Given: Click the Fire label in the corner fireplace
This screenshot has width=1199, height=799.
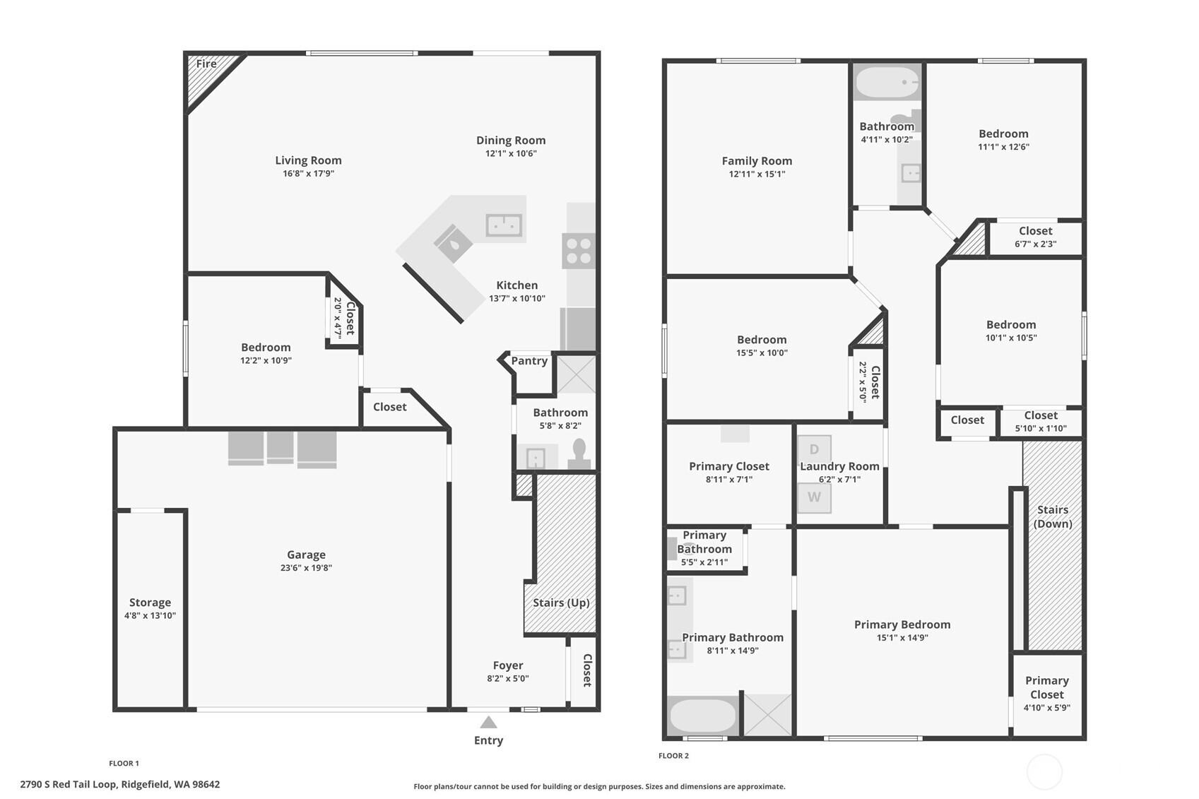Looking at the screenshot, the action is click(206, 64).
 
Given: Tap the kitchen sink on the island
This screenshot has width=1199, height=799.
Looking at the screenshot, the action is click(504, 225).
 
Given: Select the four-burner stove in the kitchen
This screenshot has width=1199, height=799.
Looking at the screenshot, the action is click(579, 251).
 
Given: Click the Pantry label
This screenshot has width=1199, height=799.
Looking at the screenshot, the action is click(529, 361).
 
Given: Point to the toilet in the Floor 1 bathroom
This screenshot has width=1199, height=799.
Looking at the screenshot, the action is click(579, 454).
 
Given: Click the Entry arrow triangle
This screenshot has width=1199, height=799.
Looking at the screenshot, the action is click(488, 723).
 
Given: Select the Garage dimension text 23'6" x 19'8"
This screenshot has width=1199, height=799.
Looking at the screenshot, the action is click(306, 568).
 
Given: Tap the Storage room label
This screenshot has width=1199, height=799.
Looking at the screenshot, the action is click(150, 603).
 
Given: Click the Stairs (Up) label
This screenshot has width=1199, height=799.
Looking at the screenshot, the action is click(561, 603).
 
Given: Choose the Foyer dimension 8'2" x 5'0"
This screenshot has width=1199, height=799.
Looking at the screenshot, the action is click(508, 679).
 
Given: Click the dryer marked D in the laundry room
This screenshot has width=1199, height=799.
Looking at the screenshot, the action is click(814, 449).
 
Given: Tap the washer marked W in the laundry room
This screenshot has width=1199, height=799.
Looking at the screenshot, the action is click(814, 498).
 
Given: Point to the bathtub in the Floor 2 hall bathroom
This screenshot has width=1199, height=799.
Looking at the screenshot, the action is click(887, 83).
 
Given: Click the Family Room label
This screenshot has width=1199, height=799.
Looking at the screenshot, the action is click(757, 160).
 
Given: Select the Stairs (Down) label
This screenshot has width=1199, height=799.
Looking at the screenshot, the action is click(1053, 516).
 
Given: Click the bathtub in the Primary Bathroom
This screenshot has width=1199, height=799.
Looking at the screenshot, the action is click(702, 716).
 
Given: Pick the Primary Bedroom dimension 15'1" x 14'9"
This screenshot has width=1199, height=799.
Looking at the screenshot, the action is click(902, 637).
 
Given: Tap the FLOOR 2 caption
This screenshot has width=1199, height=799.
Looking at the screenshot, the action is click(673, 756).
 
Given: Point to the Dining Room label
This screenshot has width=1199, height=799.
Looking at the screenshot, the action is click(511, 140).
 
